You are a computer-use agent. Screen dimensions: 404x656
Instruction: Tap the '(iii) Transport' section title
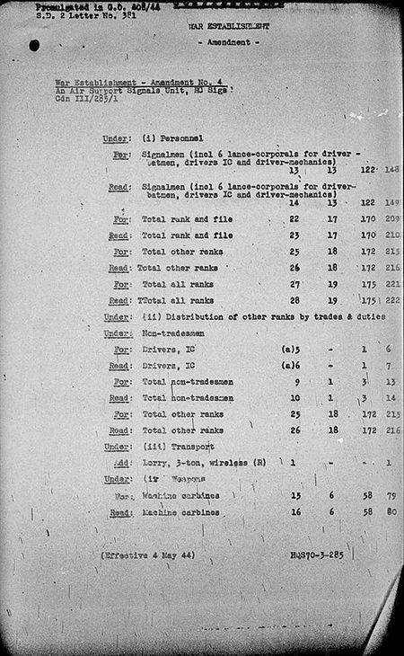[x=176, y=446]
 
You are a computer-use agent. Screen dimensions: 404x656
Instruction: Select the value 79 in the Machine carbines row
[x=391, y=494]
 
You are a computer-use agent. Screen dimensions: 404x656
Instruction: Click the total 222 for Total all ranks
[x=392, y=301]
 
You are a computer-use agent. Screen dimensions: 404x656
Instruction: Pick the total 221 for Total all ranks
[x=392, y=284]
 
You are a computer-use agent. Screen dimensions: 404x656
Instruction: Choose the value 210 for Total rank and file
[x=392, y=235]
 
